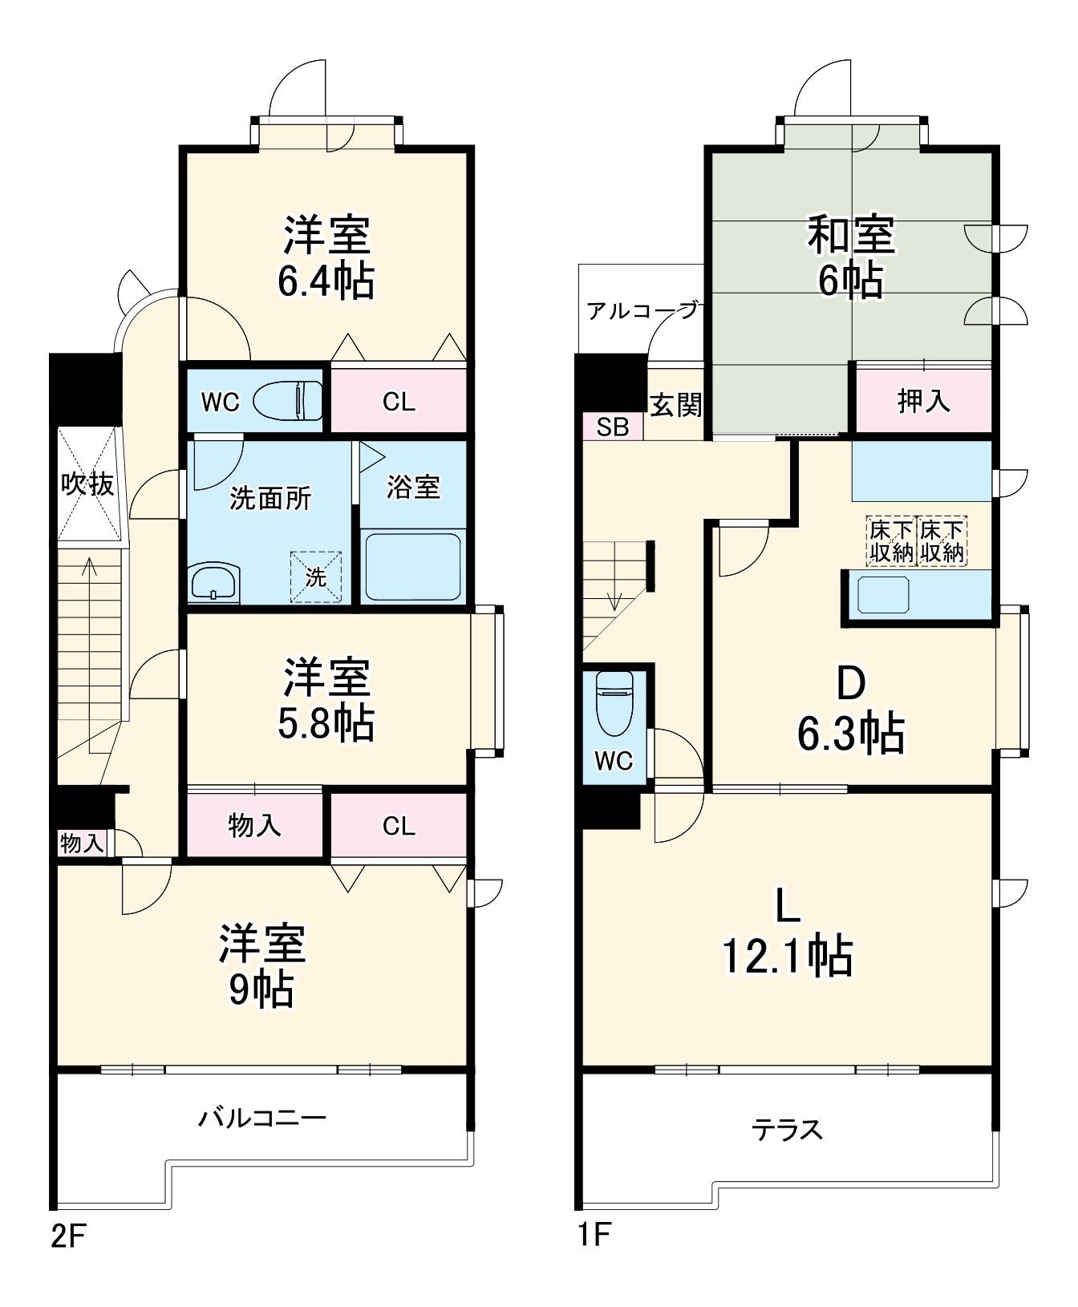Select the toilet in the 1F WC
coord(615,702)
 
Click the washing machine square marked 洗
coord(316,576)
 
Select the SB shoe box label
coord(613,427)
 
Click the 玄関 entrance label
coord(675,405)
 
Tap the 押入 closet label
coord(923,401)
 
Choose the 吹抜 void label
coord(87,484)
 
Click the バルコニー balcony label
coord(262,1117)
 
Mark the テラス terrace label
coord(787,1130)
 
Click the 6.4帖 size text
coord(326,281)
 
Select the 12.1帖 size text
coord(788,955)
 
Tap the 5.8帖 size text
coord(326,723)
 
